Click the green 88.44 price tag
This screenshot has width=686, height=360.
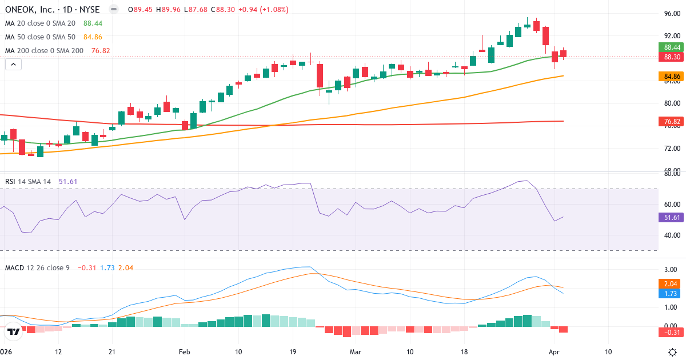coord(672,47)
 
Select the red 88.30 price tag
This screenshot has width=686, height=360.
coord(672,57)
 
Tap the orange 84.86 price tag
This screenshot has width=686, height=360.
coord(672,76)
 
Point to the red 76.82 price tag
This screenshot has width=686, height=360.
coord(672,121)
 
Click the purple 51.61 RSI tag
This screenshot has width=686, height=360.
coord(672,217)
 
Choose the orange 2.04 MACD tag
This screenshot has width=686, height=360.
coord(672,284)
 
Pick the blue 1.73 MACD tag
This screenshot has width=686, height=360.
coord(672,293)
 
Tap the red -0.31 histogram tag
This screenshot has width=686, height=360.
coord(672,332)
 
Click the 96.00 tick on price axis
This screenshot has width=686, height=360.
coord(672,14)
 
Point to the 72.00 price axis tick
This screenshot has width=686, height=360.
coord(672,149)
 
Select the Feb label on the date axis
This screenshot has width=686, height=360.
coord(184,352)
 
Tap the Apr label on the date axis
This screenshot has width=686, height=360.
coord(555,352)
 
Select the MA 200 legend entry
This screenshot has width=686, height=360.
coord(44,51)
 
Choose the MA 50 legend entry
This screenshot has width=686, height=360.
coord(40,37)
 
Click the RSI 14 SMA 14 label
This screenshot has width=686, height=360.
coord(28,182)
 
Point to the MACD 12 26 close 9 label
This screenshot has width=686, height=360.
coord(37,267)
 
